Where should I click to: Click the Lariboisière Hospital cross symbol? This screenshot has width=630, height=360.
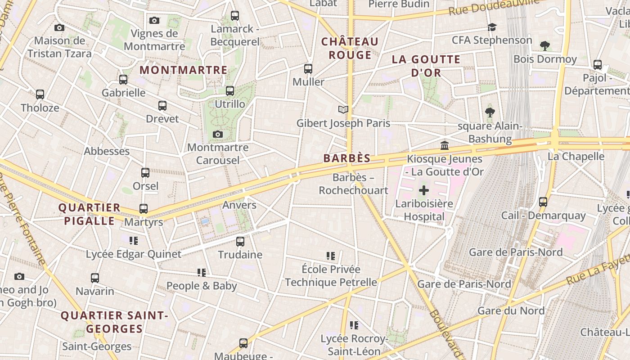coord(423,190)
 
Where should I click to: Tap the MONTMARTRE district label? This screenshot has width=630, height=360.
coord(184,70)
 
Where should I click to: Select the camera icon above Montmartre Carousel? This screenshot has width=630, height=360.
coord(218,134)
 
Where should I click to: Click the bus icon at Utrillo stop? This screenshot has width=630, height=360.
coord(230,90)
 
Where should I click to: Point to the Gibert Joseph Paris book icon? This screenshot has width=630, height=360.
coord(343,109)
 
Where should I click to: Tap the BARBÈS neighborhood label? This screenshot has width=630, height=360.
coord(347,158)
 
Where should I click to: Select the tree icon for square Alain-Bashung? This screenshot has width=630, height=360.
coord(490,112)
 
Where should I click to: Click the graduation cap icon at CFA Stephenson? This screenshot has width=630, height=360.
coord(492,27)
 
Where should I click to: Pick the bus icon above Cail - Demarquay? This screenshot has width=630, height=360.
coord(543,202)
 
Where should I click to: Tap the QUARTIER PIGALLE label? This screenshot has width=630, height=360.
coord(90,214)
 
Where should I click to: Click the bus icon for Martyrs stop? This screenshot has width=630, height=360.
coord(144,208)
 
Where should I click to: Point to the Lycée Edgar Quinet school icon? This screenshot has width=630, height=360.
coord(134,241)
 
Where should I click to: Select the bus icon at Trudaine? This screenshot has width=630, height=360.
coord(240,241)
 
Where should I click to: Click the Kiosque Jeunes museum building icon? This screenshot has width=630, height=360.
coord(445,145)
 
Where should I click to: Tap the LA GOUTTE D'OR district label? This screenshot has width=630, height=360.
coord(426,66)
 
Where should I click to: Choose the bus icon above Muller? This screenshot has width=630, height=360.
coord(308,68)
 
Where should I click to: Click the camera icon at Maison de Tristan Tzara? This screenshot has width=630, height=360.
coord(59,27)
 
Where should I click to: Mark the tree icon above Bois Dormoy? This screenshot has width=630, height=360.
coord(545,45)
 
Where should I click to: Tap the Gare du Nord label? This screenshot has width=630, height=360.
coord(511,310)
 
